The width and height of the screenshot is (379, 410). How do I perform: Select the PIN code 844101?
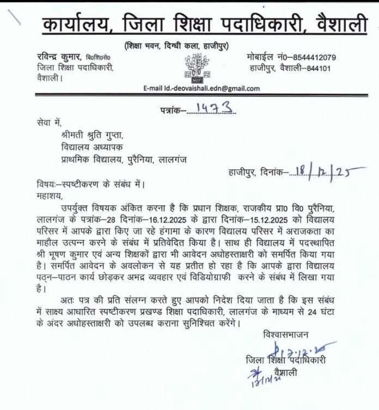click(335, 69)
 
